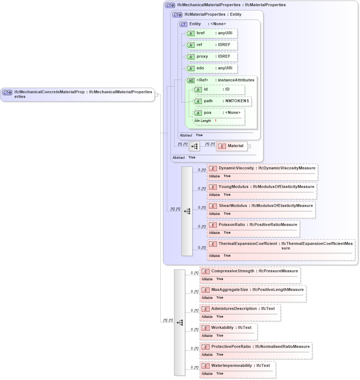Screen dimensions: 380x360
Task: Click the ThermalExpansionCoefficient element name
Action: pyautogui.click(x=248, y=243)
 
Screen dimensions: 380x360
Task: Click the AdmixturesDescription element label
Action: pyautogui.click(x=234, y=309)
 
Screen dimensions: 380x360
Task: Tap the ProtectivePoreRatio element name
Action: pyautogui.click(x=231, y=347)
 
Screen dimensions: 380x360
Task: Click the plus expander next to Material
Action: pyautogui.click(x=249, y=146)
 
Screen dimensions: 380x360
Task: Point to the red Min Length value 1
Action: pyautogui.click(x=215, y=121)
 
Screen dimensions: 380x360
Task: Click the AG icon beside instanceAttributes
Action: pyautogui.click(x=191, y=80)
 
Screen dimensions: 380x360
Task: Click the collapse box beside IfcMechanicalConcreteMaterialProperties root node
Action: pyautogui.click(x=156, y=95)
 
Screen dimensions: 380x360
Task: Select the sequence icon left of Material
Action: pyautogui.click(x=194, y=146)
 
